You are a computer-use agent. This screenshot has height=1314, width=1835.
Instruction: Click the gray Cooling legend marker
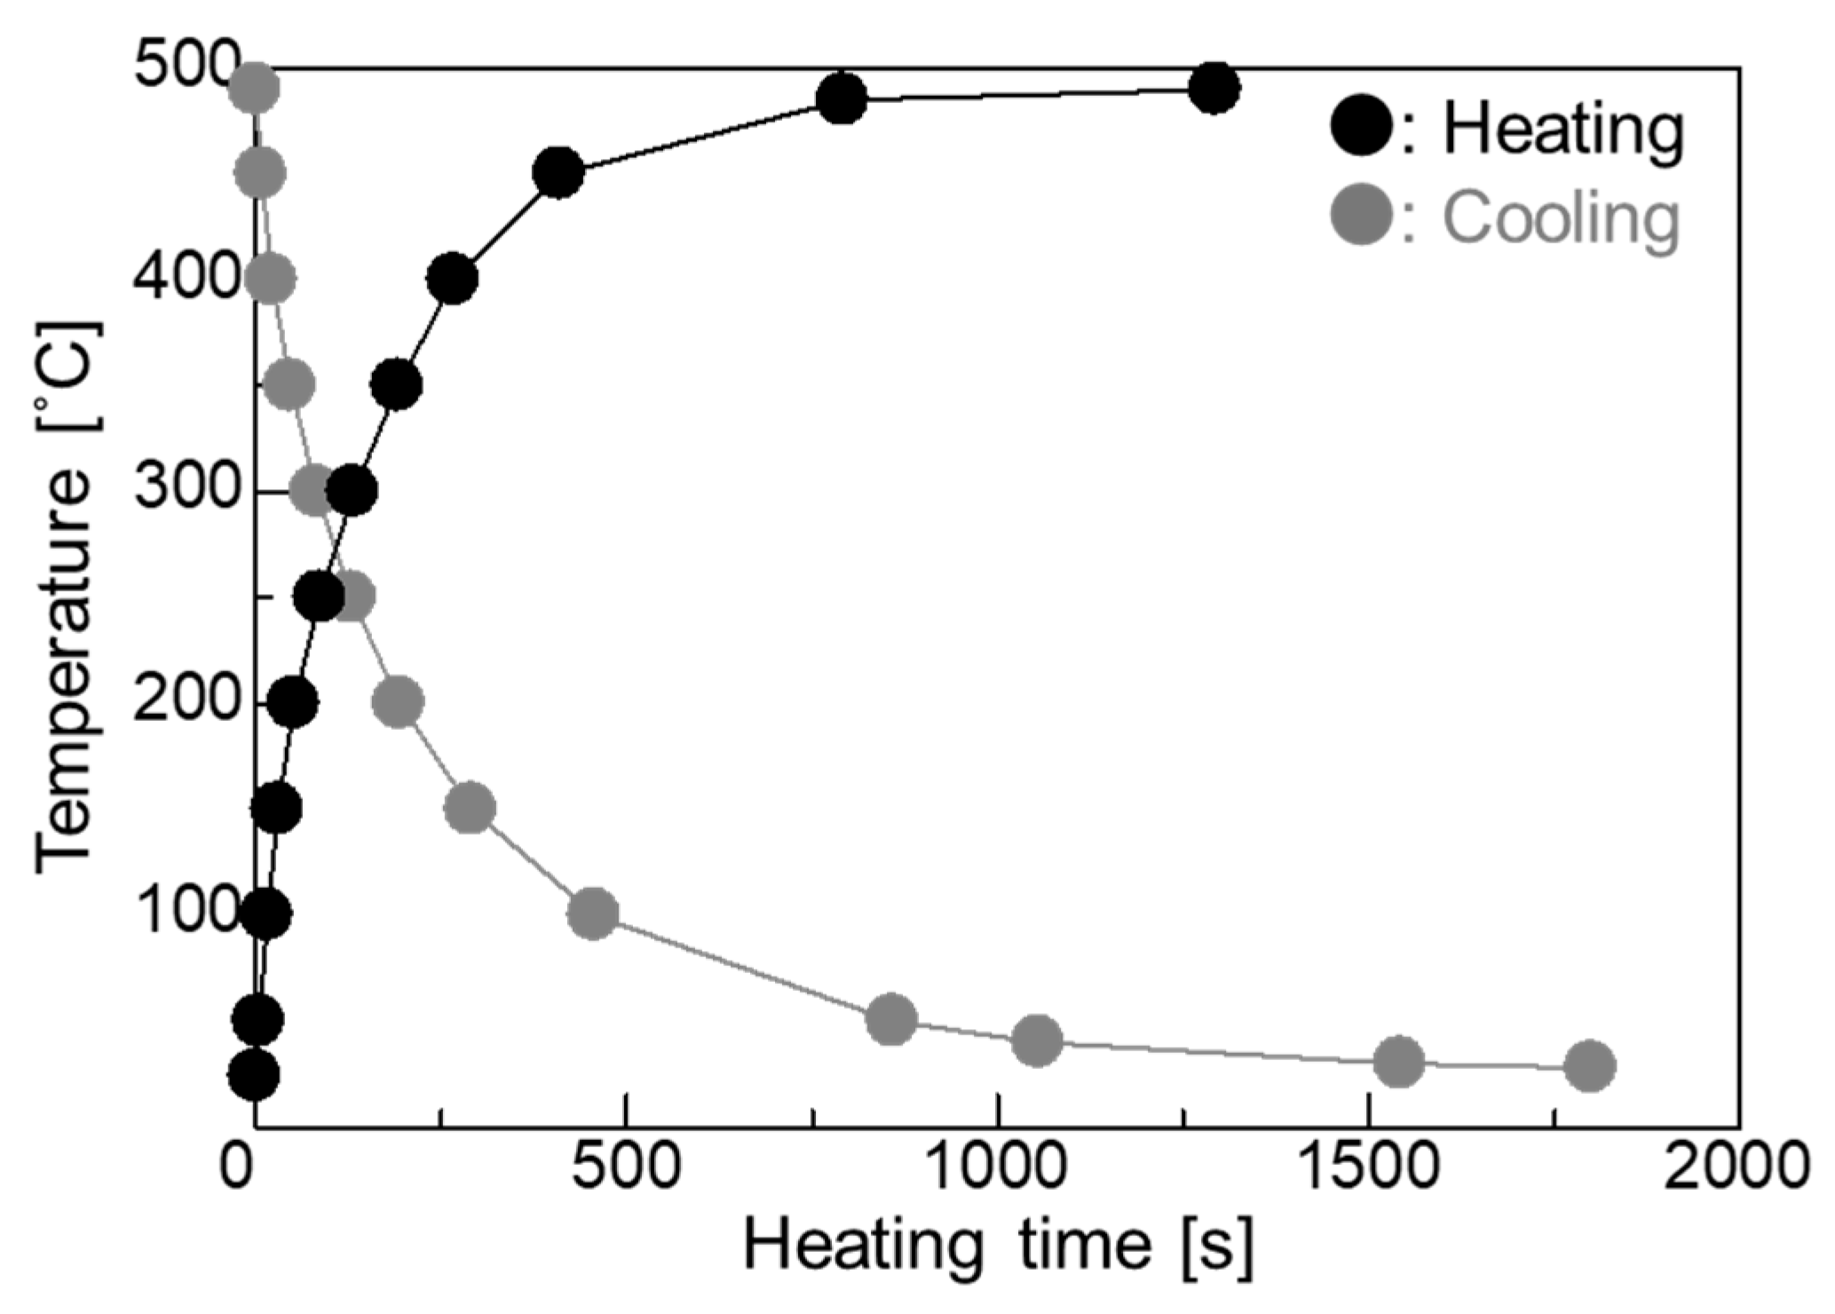(1361, 217)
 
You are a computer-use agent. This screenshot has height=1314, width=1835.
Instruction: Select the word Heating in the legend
(1562, 130)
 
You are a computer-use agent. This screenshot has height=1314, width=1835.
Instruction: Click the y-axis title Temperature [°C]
(66, 597)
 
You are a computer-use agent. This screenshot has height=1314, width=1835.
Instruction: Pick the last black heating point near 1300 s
(1214, 88)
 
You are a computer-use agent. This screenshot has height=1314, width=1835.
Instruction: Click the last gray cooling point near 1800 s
(1589, 1065)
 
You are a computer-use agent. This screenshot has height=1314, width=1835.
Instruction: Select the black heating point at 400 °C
(452, 280)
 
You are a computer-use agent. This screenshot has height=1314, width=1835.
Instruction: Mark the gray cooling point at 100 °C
(593, 914)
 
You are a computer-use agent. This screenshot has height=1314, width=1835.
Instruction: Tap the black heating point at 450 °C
(558, 172)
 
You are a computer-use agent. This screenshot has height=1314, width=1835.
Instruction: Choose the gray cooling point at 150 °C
(470, 808)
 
